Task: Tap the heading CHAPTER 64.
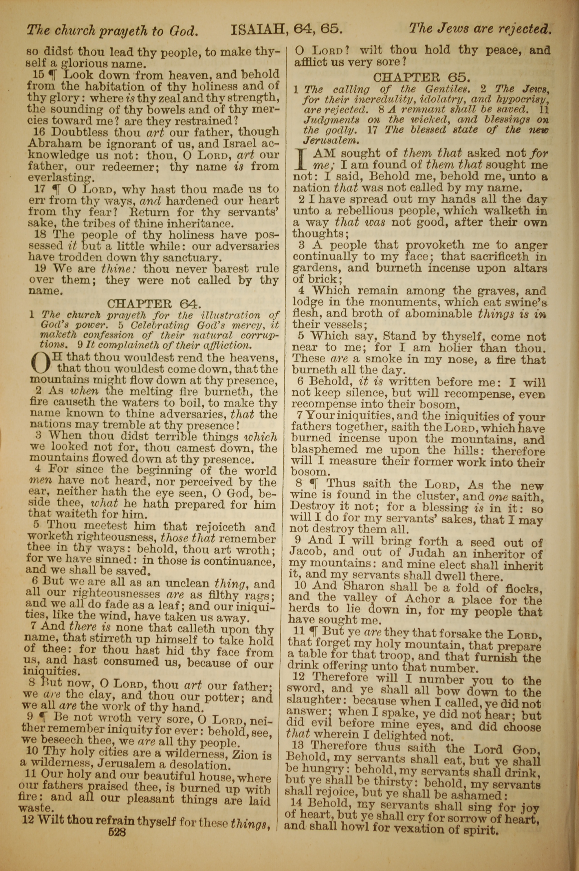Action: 154,304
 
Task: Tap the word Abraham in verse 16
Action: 51,144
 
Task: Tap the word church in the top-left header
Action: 76,30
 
